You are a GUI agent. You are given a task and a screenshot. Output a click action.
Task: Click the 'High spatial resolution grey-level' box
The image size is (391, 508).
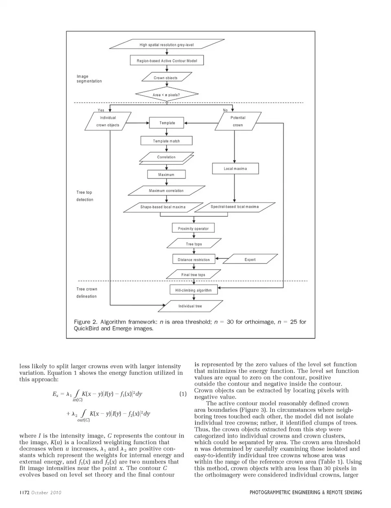click(167, 44)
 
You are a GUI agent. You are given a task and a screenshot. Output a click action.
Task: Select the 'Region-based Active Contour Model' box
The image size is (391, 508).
click(167, 61)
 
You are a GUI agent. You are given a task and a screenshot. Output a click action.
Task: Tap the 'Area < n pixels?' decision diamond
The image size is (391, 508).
click(166, 95)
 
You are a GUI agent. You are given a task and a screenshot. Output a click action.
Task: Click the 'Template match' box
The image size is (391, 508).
click(166, 141)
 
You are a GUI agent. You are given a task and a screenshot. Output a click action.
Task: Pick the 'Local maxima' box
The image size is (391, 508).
click(235, 168)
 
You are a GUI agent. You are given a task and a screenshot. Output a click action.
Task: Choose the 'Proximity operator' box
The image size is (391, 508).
click(193, 228)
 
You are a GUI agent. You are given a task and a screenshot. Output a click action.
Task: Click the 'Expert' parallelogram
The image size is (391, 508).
click(250, 260)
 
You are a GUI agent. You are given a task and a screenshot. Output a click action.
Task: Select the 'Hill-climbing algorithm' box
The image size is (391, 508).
click(193, 290)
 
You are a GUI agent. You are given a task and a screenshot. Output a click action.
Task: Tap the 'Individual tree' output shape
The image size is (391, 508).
click(190, 306)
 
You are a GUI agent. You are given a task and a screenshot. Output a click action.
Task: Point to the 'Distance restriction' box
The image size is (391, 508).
click(193, 260)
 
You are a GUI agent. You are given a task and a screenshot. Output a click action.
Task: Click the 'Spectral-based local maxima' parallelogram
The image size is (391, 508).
click(235, 207)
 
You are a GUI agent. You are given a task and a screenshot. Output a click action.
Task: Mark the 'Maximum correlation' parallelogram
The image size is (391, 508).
click(166, 191)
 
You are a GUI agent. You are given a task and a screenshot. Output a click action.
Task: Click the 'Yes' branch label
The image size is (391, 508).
click(101, 110)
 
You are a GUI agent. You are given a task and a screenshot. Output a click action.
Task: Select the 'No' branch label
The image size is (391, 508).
click(225, 110)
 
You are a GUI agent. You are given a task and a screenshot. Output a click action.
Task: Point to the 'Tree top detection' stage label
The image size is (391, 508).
click(85, 196)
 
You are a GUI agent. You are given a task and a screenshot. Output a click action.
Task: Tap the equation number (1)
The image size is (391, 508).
click(182, 394)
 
